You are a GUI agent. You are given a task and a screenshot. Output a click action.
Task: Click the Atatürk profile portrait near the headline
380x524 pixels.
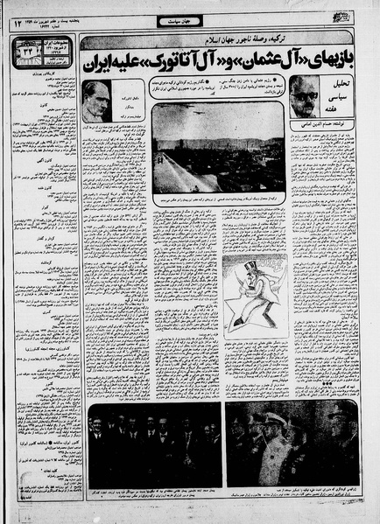tap(96, 101)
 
